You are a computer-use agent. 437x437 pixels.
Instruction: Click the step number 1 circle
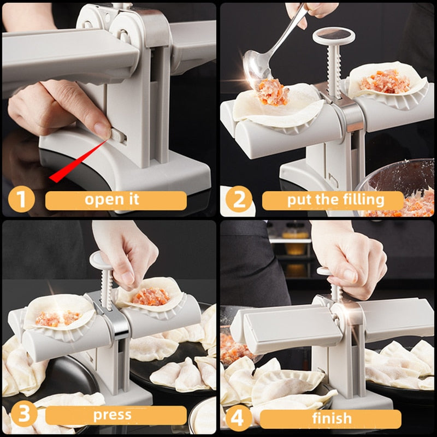point(21,199)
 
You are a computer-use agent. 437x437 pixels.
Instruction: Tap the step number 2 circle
point(239,199)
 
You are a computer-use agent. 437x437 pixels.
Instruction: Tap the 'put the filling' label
point(335,200)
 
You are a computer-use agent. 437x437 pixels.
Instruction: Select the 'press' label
point(112,416)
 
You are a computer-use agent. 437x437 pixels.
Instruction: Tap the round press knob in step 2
point(333,37)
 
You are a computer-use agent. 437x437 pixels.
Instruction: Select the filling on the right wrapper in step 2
point(385,80)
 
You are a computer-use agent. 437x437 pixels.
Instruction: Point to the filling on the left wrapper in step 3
point(55,318)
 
